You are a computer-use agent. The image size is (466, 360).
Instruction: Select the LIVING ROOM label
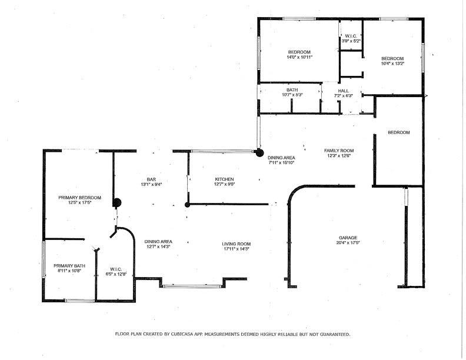[x=237, y=244]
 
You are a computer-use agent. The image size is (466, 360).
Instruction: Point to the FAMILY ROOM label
[x=339, y=151]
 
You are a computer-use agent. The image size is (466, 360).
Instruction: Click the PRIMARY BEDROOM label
[x=79, y=198]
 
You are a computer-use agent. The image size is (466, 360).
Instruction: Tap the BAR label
[x=151, y=179]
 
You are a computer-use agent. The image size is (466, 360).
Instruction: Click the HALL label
[x=344, y=91]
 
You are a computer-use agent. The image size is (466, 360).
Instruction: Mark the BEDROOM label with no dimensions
[x=398, y=132]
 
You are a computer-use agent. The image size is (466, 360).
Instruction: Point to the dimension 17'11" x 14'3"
[x=237, y=249]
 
